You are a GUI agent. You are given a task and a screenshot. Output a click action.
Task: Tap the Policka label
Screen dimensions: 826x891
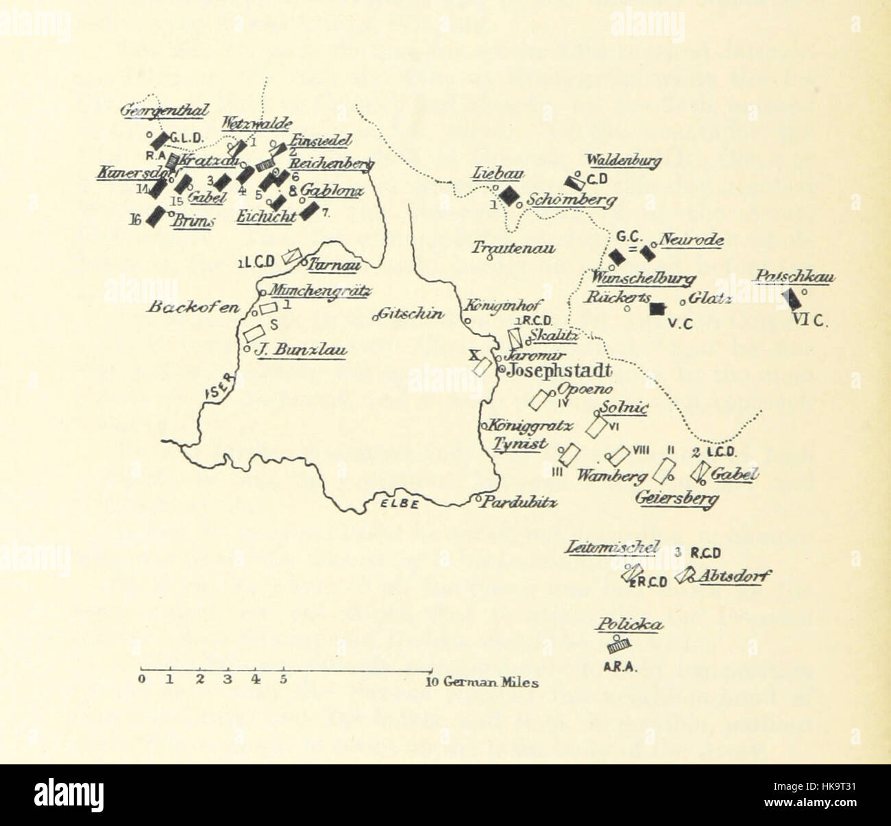click(x=628, y=624)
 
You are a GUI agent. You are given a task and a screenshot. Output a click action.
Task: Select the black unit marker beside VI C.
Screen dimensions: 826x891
click(x=793, y=299)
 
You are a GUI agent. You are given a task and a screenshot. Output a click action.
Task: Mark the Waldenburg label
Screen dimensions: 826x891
click(x=622, y=161)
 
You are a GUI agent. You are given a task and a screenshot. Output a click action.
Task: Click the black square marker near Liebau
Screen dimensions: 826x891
click(x=508, y=195)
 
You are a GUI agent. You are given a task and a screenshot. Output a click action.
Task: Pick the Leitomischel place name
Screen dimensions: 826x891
click(x=613, y=547)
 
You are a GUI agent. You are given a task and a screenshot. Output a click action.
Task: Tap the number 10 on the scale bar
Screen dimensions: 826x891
click(x=432, y=682)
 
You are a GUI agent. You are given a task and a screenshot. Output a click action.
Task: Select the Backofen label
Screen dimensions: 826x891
click(x=193, y=306)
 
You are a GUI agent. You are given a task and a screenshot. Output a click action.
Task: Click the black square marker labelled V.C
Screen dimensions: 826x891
click(x=658, y=309)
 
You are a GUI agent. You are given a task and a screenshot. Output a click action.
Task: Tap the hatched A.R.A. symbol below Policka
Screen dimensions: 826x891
click(x=618, y=646)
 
